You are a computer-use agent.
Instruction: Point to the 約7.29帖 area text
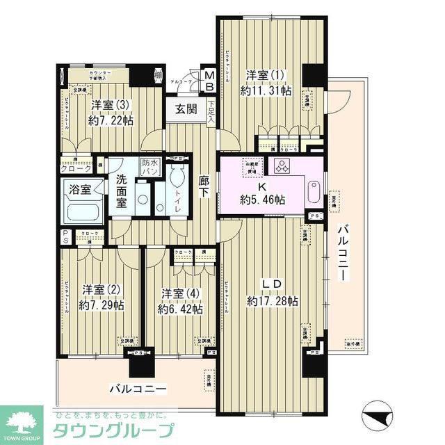[x=102, y=305]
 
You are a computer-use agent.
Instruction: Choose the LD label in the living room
[x=271, y=284]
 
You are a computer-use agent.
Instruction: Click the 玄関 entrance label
[x=185, y=108]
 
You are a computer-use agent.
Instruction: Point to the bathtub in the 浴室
[x=82, y=209]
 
